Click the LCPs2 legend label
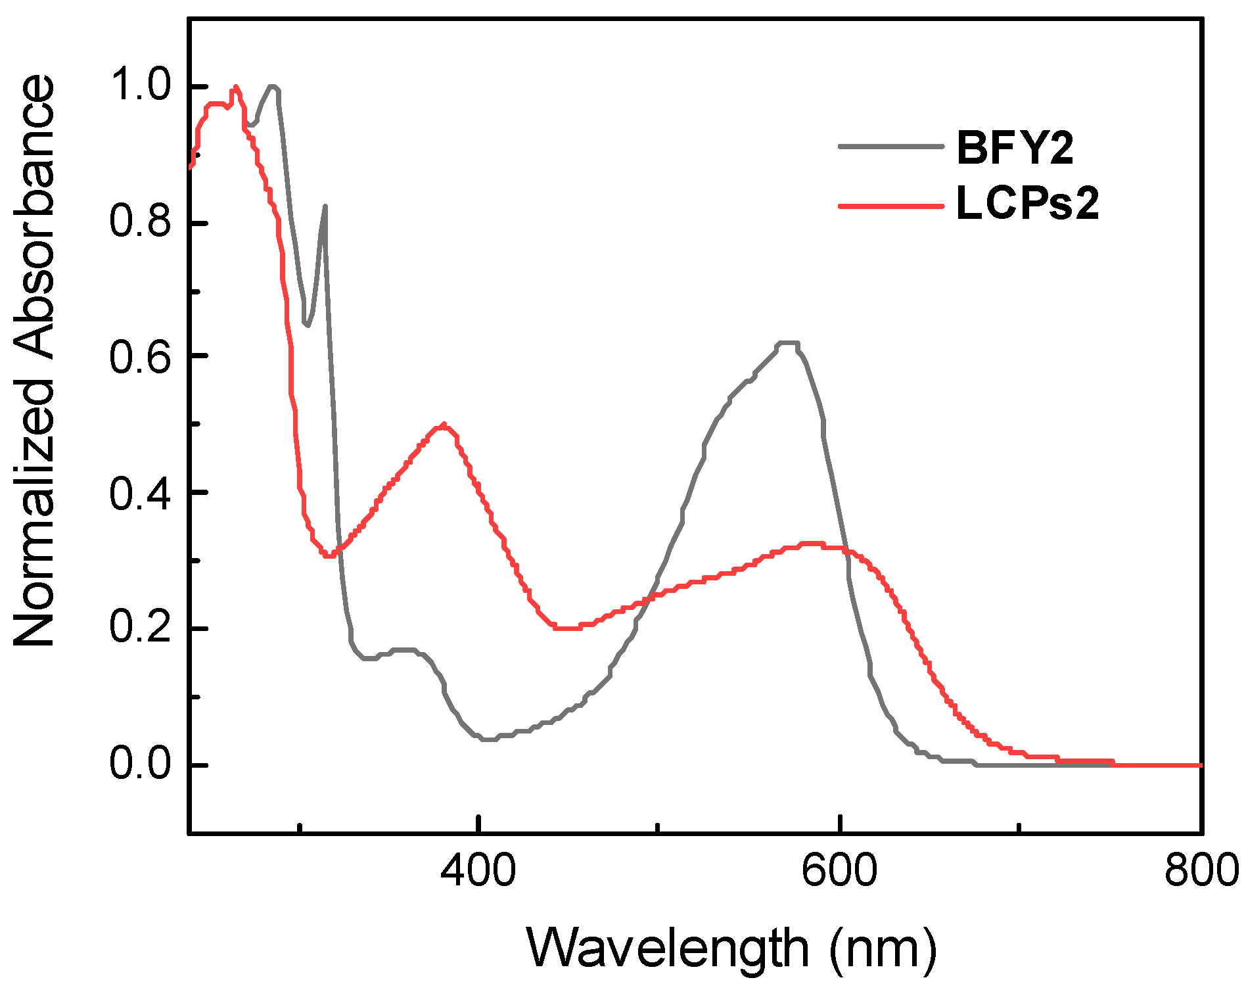click(x=1027, y=204)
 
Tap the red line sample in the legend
click(x=890, y=206)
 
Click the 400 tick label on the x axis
click(x=478, y=871)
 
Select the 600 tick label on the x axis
click(x=839, y=871)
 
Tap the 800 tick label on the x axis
click(x=1201, y=871)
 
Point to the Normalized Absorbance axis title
click(x=34, y=360)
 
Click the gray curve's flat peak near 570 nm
click(x=787, y=342)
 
